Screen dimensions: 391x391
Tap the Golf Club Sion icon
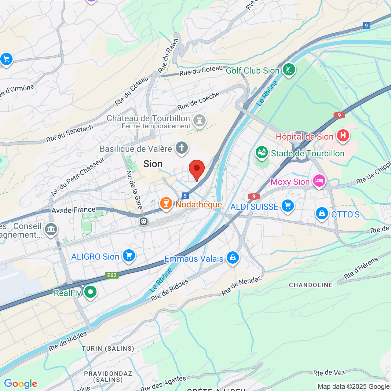[289, 70]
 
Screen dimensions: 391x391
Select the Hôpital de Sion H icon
[343, 135]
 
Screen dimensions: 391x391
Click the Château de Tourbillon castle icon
[199, 121]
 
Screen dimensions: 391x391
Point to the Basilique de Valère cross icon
[181, 148]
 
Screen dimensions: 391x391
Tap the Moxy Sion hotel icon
[319, 181]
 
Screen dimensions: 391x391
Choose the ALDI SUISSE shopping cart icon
[287, 206]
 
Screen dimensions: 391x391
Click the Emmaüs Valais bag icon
[232, 258]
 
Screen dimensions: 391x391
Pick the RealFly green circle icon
[90, 292]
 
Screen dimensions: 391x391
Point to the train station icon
[144, 221]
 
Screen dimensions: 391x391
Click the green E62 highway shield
[112, 275]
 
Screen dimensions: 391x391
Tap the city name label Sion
[153, 164]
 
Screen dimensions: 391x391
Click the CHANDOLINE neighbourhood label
[311, 285]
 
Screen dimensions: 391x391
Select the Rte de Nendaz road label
[242, 286]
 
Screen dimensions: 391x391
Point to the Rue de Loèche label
[199, 101]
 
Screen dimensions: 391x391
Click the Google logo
[20, 384]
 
